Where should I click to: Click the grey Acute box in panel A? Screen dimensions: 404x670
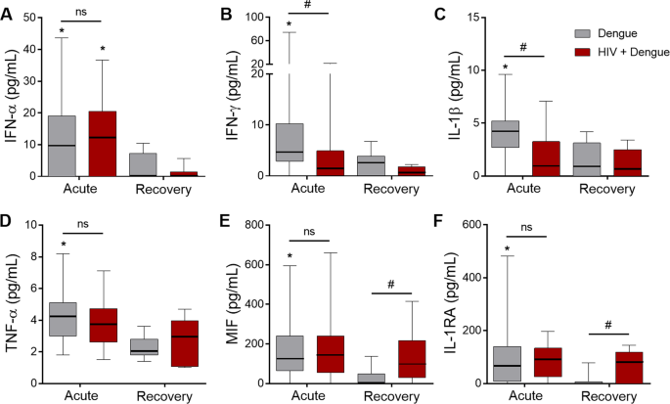[63, 146]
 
